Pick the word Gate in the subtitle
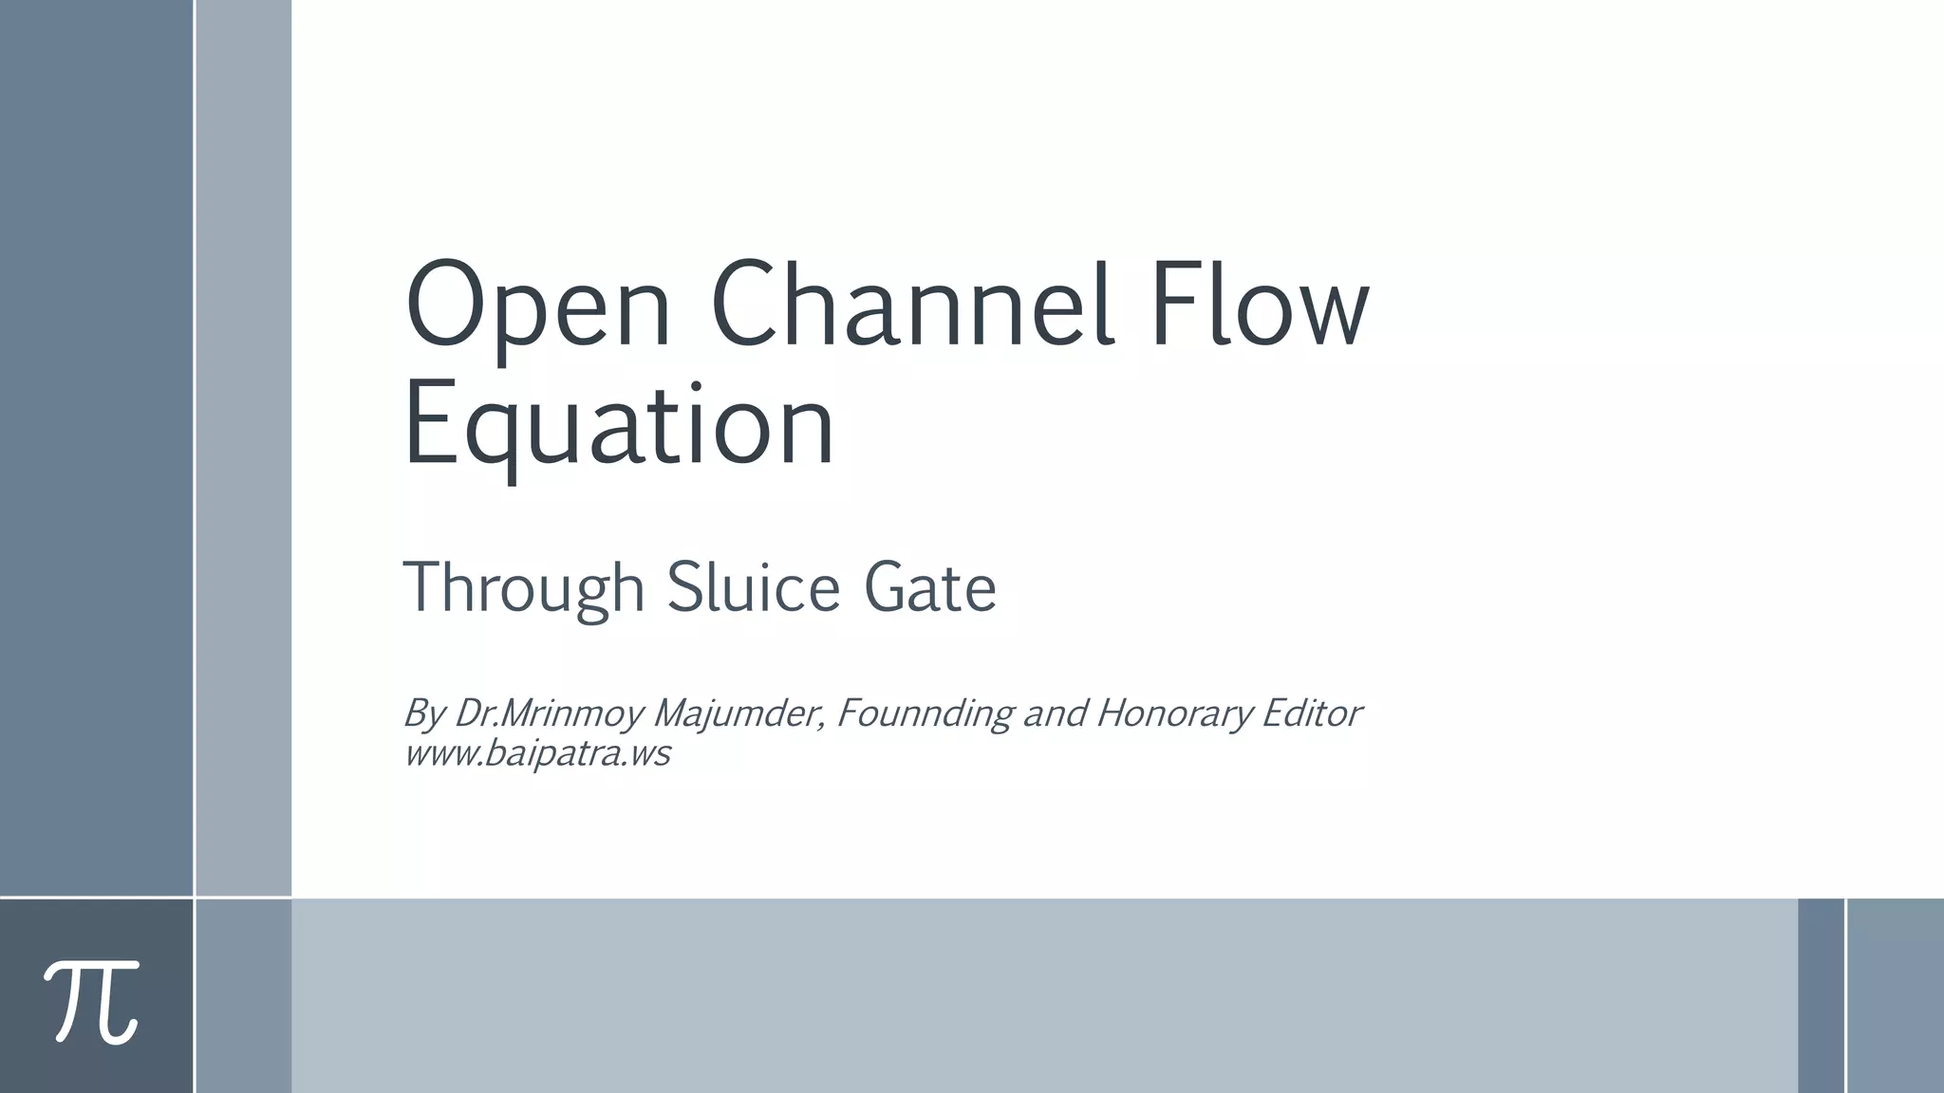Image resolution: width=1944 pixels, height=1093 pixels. click(x=930, y=586)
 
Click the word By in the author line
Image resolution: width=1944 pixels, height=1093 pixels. click(x=423, y=713)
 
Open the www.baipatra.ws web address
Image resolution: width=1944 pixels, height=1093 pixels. click(x=537, y=753)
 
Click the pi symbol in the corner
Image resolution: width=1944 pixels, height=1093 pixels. click(x=92, y=1001)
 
